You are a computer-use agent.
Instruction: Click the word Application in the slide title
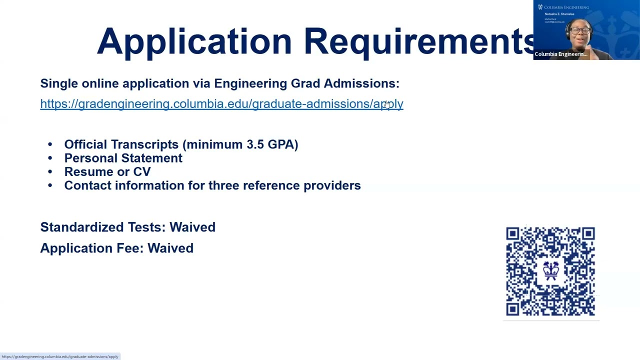194,41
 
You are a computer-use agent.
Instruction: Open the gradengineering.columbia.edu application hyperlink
221,104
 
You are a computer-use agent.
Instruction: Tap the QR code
550,271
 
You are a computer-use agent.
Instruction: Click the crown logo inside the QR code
551,270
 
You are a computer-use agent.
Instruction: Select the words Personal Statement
123,158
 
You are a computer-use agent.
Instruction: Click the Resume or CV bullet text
107,172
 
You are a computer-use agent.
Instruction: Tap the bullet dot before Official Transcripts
50,144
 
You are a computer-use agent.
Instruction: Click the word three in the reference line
223,185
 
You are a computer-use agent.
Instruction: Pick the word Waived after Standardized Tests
192,227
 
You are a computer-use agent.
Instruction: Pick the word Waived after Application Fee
170,248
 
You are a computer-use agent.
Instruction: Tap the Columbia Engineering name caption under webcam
560,54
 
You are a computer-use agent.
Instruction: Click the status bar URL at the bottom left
60,356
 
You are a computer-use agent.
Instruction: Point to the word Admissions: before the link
361,83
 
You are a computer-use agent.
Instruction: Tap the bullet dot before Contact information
50,185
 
